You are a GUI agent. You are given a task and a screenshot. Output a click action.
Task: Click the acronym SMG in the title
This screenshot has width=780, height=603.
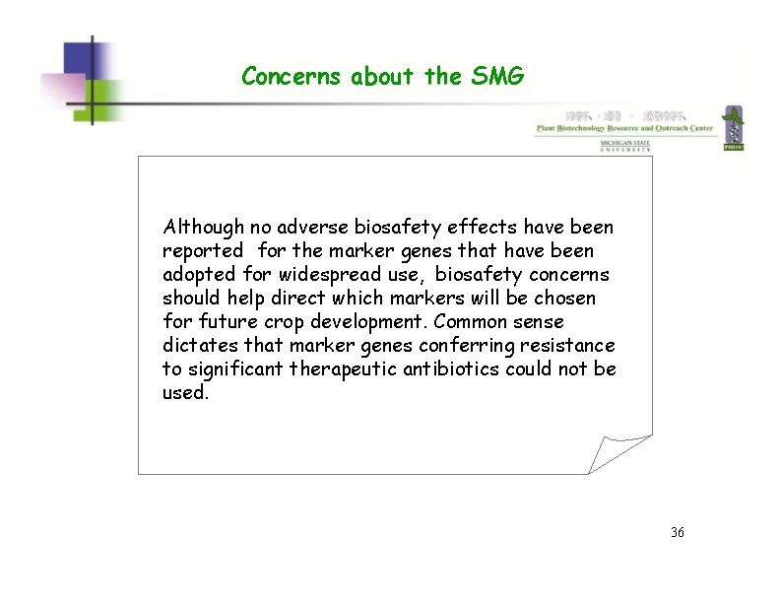coord(502,76)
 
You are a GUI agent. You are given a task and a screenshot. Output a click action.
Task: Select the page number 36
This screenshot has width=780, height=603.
coord(677,533)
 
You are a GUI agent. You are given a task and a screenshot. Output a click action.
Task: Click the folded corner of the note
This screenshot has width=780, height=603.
coord(620,452)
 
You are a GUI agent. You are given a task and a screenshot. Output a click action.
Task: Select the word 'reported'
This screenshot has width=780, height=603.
coord(202,251)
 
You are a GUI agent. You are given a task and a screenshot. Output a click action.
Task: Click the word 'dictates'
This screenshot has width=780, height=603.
coord(197,346)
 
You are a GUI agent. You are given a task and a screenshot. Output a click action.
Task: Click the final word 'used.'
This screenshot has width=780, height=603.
coord(185,393)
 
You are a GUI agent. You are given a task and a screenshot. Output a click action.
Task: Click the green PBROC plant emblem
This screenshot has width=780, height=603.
coord(733,129)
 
